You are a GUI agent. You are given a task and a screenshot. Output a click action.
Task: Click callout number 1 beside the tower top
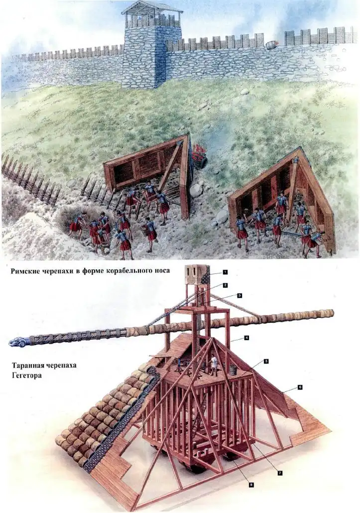(226, 272)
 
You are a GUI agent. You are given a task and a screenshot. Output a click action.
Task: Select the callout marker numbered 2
(226, 285)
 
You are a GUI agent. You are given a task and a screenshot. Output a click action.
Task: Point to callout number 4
(246, 338)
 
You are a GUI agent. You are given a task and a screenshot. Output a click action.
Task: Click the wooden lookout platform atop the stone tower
(152, 16)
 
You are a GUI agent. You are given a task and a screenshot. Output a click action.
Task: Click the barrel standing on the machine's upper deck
(232, 370)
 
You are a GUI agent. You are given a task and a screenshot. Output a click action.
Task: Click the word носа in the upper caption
(159, 272)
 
